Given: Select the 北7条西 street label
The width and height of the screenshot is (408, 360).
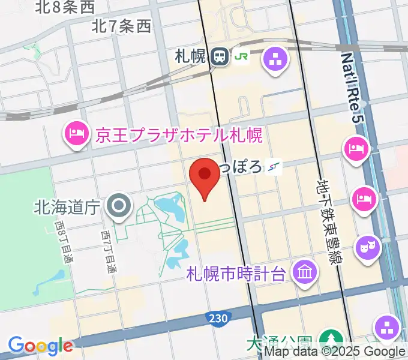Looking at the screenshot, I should click(x=122, y=26).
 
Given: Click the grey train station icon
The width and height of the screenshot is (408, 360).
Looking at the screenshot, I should click(x=220, y=57).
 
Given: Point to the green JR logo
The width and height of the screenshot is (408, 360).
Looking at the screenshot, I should click(x=242, y=57).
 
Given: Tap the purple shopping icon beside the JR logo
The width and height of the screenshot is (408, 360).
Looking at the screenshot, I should click(x=276, y=60).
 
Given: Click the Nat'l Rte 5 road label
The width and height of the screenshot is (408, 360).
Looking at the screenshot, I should click(x=353, y=89).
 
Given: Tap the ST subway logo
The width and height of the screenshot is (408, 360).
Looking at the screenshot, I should click(x=275, y=166).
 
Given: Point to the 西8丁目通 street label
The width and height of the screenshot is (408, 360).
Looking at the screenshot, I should click(x=63, y=242).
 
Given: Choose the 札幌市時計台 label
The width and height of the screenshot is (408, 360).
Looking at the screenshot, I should click(x=235, y=274).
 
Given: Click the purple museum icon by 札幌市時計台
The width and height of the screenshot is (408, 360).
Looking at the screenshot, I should click(x=305, y=274).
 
